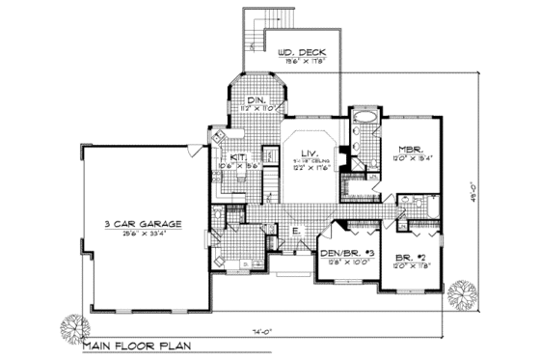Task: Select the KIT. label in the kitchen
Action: coord(237,157)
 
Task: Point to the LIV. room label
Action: coord(308,152)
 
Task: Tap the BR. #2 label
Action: coord(409,258)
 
